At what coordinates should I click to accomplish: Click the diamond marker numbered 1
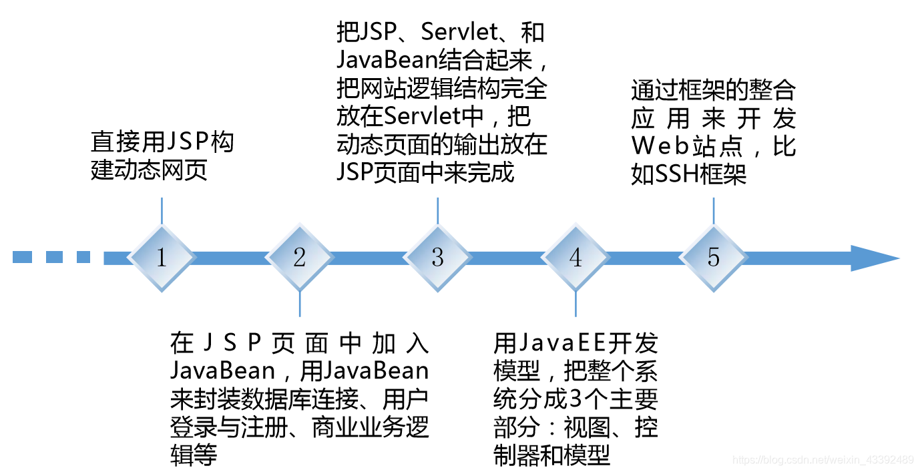(x=162, y=258)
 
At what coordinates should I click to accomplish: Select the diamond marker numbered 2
(x=299, y=258)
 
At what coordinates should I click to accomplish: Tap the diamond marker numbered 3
(x=437, y=258)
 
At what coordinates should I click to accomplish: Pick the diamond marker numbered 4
(x=576, y=258)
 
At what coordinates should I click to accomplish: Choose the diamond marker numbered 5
(x=714, y=258)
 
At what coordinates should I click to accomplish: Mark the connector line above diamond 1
(x=162, y=210)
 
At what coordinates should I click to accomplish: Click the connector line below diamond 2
(x=300, y=304)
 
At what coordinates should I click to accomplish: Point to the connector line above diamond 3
(x=437, y=210)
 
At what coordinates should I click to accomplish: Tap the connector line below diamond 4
(x=576, y=304)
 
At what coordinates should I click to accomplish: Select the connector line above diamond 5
(x=714, y=210)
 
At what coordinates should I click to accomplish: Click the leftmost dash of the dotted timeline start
(x=22, y=257)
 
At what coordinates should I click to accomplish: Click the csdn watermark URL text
(x=823, y=460)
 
